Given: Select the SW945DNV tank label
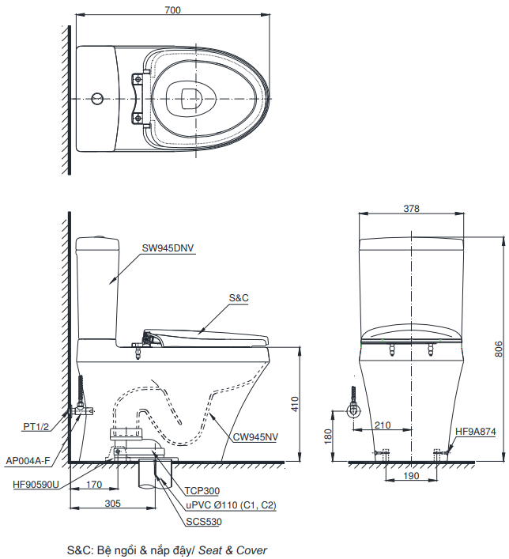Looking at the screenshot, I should click(x=168, y=247).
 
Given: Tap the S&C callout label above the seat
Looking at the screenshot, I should click(x=239, y=298).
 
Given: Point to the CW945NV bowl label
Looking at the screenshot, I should click(x=255, y=436).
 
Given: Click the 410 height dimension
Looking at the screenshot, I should click(x=295, y=406).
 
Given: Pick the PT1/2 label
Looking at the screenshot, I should click(x=36, y=427).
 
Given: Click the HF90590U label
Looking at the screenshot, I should click(x=36, y=484).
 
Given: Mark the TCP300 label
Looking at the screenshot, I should click(x=202, y=491).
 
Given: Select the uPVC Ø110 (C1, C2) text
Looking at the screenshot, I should click(x=231, y=504).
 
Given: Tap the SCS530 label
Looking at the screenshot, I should click(x=204, y=522).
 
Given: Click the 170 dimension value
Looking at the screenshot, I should click(x=94, y=484).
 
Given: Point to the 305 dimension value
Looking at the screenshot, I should click(x=114, y=503).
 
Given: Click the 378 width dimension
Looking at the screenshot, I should click(x=411, y=209).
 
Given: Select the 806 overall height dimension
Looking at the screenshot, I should click(x=498, y=348).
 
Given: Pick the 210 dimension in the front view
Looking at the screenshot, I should click(x=383, y=425).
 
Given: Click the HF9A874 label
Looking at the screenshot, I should click(x=475, y=432).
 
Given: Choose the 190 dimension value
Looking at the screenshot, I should click(x=412, y=477).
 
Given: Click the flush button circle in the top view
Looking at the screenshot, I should click(x=96, y=99).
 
